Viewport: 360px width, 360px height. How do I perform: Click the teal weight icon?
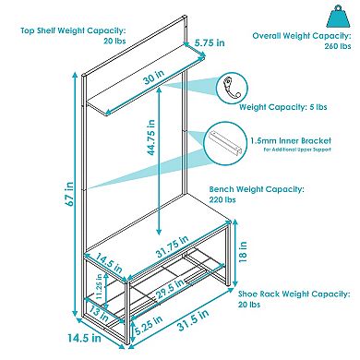pyautogui.click(x=340, y=17)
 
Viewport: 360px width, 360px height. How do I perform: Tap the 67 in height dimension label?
pyautogui.click(x=70, y=194)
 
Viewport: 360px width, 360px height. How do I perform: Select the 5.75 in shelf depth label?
pyautogui.click(x=210, y=42)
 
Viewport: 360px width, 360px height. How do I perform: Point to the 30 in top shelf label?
pyautogui.click(x=153, y=77)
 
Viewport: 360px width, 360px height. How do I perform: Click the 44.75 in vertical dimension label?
pyautogui.click(x=151, y=138)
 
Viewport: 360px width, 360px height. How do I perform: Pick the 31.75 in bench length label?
pyautogui.click(x=173, y=246)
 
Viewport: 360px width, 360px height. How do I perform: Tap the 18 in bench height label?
pyautogui.click(x=243, y=252)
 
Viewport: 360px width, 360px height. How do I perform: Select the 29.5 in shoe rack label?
pyautogui.click(x=170, y=289)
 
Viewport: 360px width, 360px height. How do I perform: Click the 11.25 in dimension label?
pyautogui.click(x=99, y=286)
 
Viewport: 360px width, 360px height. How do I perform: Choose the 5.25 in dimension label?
pyautogui.click(x=149, y=325)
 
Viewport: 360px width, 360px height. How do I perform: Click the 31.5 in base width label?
pyautogui.click(x=194, y=320)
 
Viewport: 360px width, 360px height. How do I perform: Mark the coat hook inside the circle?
pyautogui.click(x=232, y=89)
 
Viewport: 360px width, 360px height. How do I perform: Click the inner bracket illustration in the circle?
pyautogui.click(x=226, y=142)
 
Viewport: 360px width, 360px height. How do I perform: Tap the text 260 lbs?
pyautogui.click(x=338, y=46)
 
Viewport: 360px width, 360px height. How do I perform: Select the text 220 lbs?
pyautogui.click(x=222, y=199)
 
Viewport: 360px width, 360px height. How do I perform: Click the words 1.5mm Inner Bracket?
pyautogui.click(x=291, y=141)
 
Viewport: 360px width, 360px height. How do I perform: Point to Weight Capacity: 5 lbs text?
pyautogui.click(x=283, y=107)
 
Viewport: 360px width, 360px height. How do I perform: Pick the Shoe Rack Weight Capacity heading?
pyautogui.click(x=294, y=294)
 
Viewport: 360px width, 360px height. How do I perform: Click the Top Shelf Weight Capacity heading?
pyautogui.click(x=73, y=30)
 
